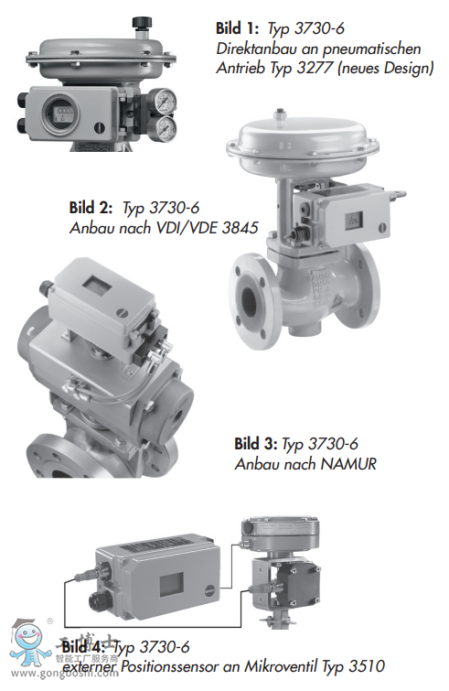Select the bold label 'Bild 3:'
[256, 444]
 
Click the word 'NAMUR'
[347, 463]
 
